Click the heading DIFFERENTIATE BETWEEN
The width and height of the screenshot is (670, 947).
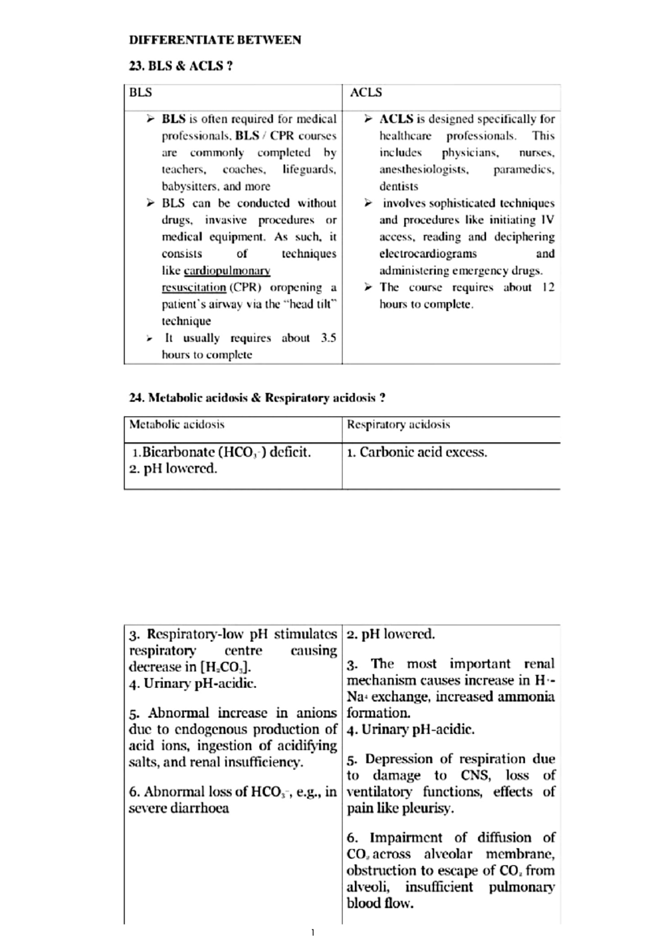point(215,40)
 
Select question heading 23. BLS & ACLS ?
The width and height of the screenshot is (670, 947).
point(181,66)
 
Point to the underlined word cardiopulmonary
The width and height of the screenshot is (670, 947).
point(227,271)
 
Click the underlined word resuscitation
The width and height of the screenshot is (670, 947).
point(194,288)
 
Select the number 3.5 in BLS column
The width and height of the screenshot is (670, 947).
point(328,338)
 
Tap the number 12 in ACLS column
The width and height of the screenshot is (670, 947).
point(547,288)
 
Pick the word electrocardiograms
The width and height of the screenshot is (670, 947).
point(428,254)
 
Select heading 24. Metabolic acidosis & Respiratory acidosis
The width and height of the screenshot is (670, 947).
point(257,398)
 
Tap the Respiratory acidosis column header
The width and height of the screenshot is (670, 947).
point(398,424)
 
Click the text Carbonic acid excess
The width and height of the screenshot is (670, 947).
point(423,452)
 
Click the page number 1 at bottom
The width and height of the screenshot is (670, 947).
point(313,932)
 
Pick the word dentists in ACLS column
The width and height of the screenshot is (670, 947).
point(399,186)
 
